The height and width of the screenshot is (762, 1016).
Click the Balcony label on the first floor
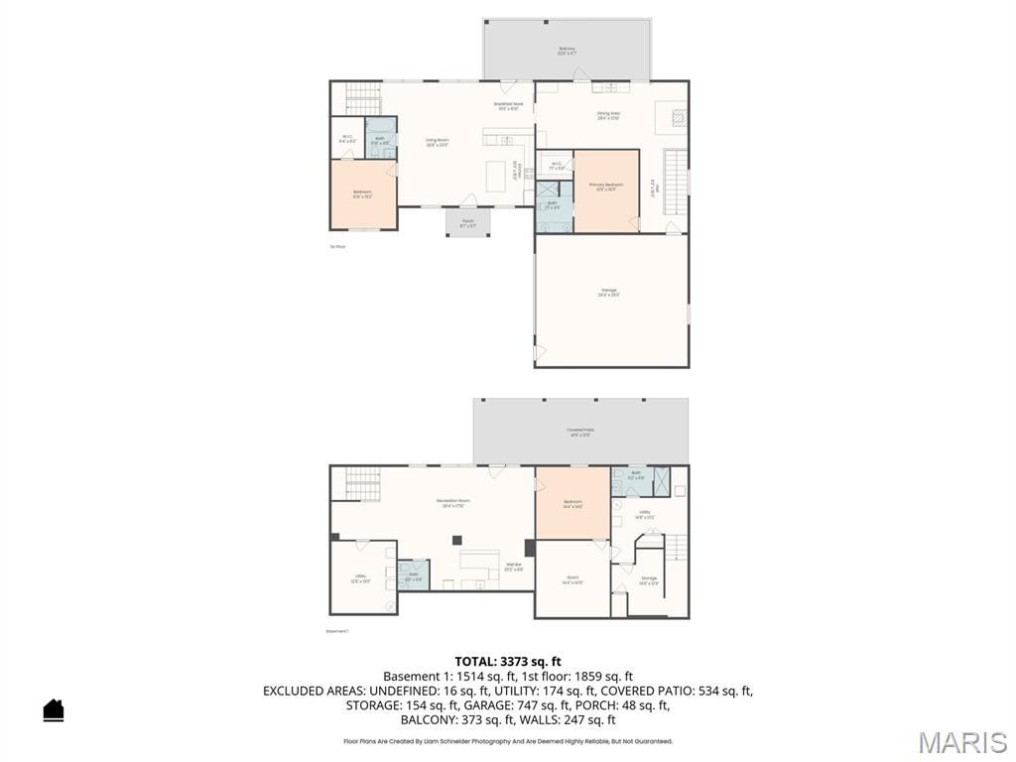[x=567, y=51]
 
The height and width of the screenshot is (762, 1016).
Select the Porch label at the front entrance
[x=467, y=223]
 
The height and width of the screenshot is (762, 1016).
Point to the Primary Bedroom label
[x=606, y=187]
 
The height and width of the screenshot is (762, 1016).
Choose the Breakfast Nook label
[x=508, y=106]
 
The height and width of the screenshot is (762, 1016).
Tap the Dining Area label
[x=608, y=116]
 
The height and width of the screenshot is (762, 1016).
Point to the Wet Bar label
[x=513, y=568]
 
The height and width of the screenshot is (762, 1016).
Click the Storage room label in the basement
[x=648, y=580]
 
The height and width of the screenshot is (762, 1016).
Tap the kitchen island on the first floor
[x=496, y=177]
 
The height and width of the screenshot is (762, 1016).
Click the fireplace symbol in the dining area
[x=679, y=118]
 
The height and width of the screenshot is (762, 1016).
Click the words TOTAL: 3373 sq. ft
[x=508, y=661]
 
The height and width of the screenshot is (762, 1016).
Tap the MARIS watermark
[x=961, y=742]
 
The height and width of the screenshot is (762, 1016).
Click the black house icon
[x=54, y=710]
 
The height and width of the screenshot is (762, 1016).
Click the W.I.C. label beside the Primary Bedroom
[x=557, y=166]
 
